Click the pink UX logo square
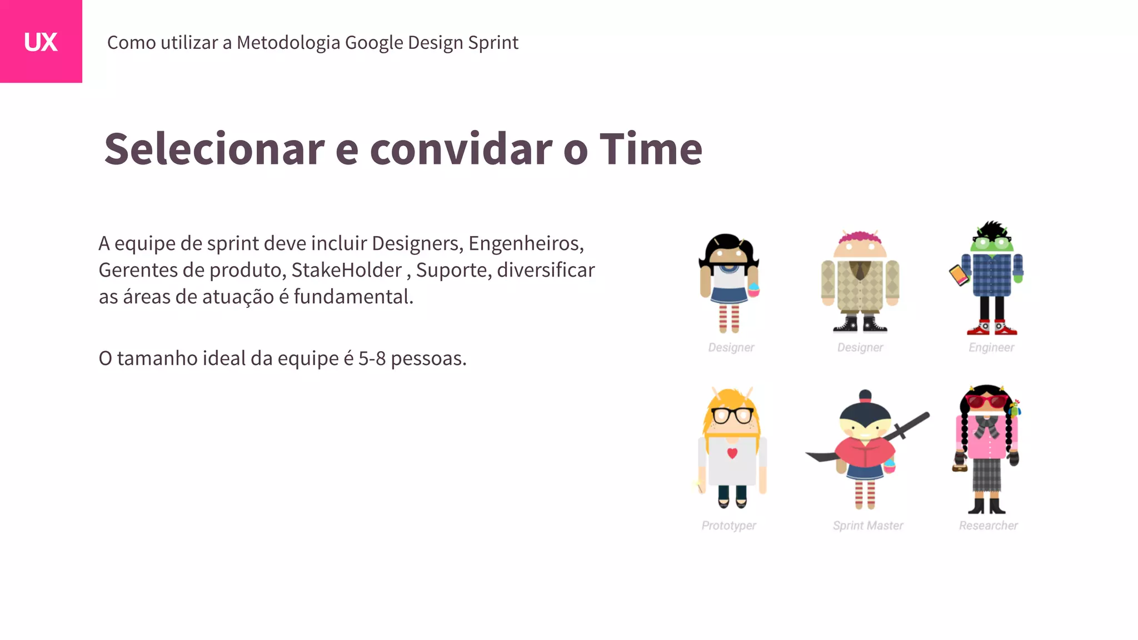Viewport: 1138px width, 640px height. pyautogui.click(x=41, y=41)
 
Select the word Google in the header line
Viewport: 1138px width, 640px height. pyautogui.click(x=374, y=42)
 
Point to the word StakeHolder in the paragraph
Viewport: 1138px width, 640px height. pyautogui.click(x=346, y=270)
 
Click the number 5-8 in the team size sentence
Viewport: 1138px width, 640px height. pyautogui.click(x=372, y=358)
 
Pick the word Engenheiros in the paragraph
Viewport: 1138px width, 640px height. pyautogui.click(x=525, y=243)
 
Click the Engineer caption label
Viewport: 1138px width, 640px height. pyautogui.click(x=991, y=347)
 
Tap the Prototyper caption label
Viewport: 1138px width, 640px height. pyautogui.click(x=728, y=526)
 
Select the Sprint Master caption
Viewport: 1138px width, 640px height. pyautogui.click(x=867, y=526)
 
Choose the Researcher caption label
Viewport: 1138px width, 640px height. pyautogui.click(x=988, y=526)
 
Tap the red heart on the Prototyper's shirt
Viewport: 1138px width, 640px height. pyautogui.click(x=732, y=453)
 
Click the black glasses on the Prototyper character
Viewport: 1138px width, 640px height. pyautogui.click(x=732, y=415)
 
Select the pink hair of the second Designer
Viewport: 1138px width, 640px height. pyautogui.click(x=860, y=237)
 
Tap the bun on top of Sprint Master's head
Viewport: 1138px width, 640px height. pyautogui.click(x=865, y=396)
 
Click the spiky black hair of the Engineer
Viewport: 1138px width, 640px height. pyautogui.click(x=992, y=228)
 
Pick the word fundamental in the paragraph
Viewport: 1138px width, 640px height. pyautogui.click(x=353, y=297)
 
